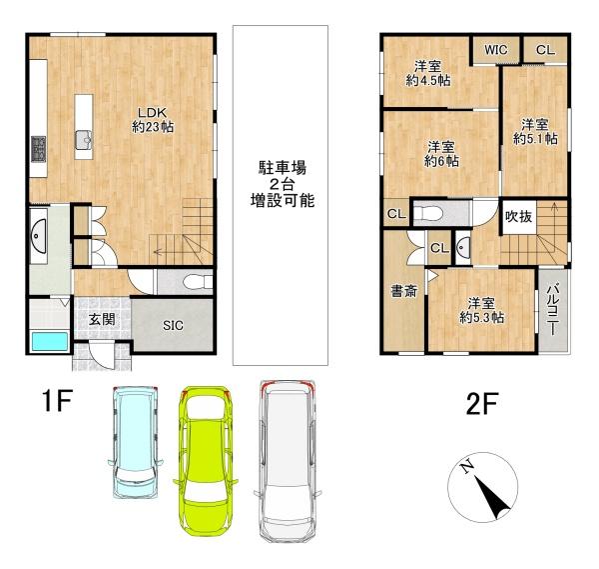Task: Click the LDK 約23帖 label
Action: tap(151, 119)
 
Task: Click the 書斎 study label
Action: tap(403, 292)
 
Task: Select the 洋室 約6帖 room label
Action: tap(441, 153)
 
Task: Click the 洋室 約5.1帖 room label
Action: tap(534, 132)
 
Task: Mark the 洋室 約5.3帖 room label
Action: tap(481, 310)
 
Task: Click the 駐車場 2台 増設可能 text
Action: tap(282, 184)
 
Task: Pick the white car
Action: tap(290, 460)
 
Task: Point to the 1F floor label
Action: tap(57, 403)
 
